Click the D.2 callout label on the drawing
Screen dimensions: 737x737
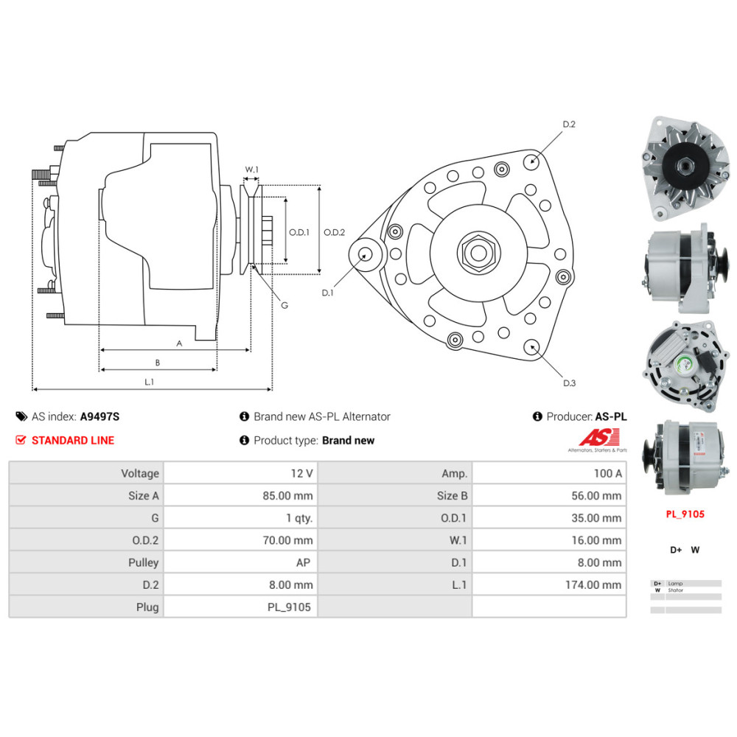click(x=568, y=125)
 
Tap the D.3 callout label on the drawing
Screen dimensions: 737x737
click(x=568, y=383)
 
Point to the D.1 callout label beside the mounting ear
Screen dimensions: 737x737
click(x=327, y=293)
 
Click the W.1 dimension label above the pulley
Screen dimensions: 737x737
click(x=251, y=170)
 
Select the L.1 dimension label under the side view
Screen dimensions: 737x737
click(x=149, y=382)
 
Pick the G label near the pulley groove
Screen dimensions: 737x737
click(x=284, y=305)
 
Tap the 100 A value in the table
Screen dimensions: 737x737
click(x=608, y=474)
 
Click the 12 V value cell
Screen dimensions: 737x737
click(x=301, y=474)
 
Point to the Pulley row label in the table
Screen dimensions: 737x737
click(x=143, y=563)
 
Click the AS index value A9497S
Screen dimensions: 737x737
click(x=99, y=416)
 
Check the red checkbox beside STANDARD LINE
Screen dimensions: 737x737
click(x=21, y=440)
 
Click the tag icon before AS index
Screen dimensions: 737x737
click(x=21, y=416)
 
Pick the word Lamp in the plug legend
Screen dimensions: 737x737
click(x=675, y=583)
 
